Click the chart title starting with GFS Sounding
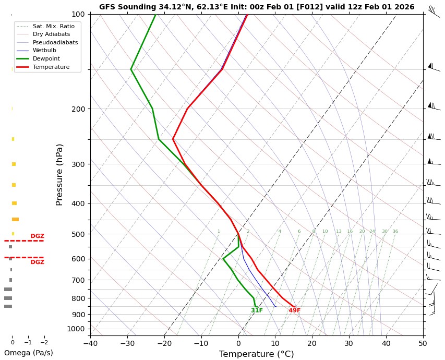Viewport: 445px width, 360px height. pyautogui.click(x=257, y=7)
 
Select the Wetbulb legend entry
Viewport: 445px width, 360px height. pyautogui.click(x=44, y=51)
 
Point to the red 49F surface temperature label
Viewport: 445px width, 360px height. pyautogui.click(x=295, y=310)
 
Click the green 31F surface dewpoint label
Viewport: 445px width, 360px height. pyautogui.click(x=257, y=310)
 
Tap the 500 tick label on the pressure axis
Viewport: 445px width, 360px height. pyautogui.click(x=78, y=234)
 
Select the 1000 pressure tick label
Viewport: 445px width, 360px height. pyautogui.click(x=76, y=329)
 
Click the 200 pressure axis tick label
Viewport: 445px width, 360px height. pyautogui.click(x=78, y=109)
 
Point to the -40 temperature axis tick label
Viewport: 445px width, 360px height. pyautogui.click(x=90, y=343)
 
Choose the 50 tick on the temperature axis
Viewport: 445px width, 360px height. pyautogui.click(x=423, y=343)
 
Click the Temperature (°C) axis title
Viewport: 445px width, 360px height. pyautogui.click(x=256, y=354)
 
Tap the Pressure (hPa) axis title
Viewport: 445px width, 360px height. pyautogui.click(x=59, y=174)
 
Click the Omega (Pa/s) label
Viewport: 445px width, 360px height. pyautogui.click(x=28, y=353)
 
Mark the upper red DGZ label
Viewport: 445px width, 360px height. pyautogui.click(x=37, y=236)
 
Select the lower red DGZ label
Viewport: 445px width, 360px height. pyautogui.click(x=37, y=262)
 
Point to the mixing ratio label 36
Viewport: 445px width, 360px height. pyautogui.click(x=395, y=232)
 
